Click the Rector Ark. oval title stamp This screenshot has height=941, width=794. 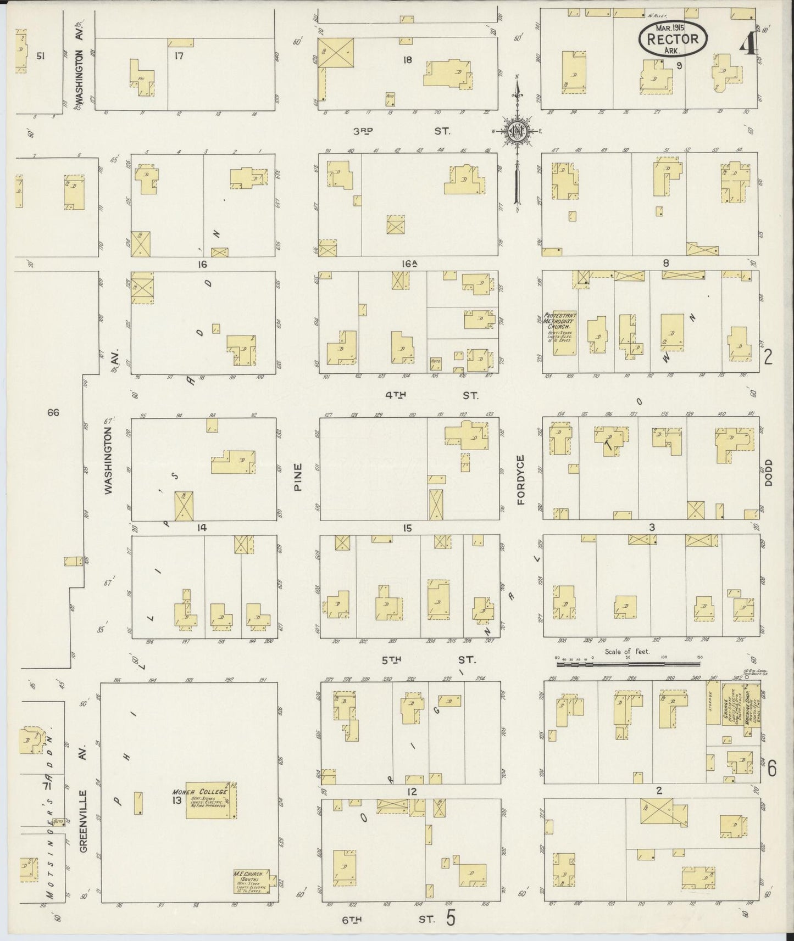point(673,38)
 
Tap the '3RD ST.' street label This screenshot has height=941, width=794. point(401,131)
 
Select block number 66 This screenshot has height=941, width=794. point(53,412)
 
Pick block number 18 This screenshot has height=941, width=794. point(407,59)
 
